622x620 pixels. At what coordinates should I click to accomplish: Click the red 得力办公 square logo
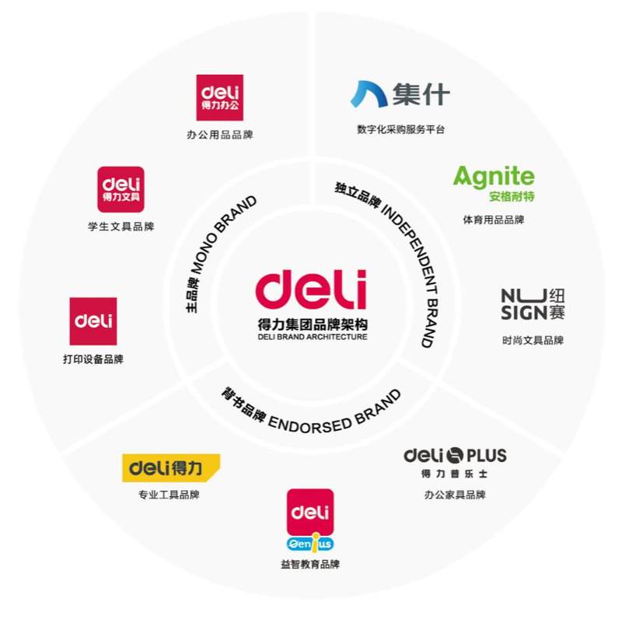click(x=220, y=98)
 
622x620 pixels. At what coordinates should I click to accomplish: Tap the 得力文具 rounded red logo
click(x=121, y=189)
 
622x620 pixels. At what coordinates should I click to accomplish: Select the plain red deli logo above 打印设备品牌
click(x=93, y=321)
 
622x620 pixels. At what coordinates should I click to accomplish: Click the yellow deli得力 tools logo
click(x=171, y=468)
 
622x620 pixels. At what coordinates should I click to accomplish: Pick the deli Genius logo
click(x=310, y=520)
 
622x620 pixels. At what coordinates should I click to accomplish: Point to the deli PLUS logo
click(x=455, y=462)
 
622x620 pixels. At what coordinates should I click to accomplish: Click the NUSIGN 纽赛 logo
click(x=533, y=304)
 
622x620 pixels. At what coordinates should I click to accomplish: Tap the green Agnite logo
click(x=494, y=183)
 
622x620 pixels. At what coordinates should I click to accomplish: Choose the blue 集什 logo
click(x=400, y=94)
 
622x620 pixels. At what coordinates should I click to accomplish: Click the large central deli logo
click(x=311, y=289)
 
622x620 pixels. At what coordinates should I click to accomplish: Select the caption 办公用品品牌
click(x=220, y=135)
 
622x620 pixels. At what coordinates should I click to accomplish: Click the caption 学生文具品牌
click(x=121, y=226)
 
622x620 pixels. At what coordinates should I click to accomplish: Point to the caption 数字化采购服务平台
click(x=400, y=129)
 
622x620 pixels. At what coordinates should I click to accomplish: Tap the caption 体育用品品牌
click(x=494, y=219)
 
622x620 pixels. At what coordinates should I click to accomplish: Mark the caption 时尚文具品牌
click(x=533, y=340)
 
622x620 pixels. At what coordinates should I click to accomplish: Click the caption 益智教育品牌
click(x=310, y=564)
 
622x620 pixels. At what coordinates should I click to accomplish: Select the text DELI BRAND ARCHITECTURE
click(x=313, y=337)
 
